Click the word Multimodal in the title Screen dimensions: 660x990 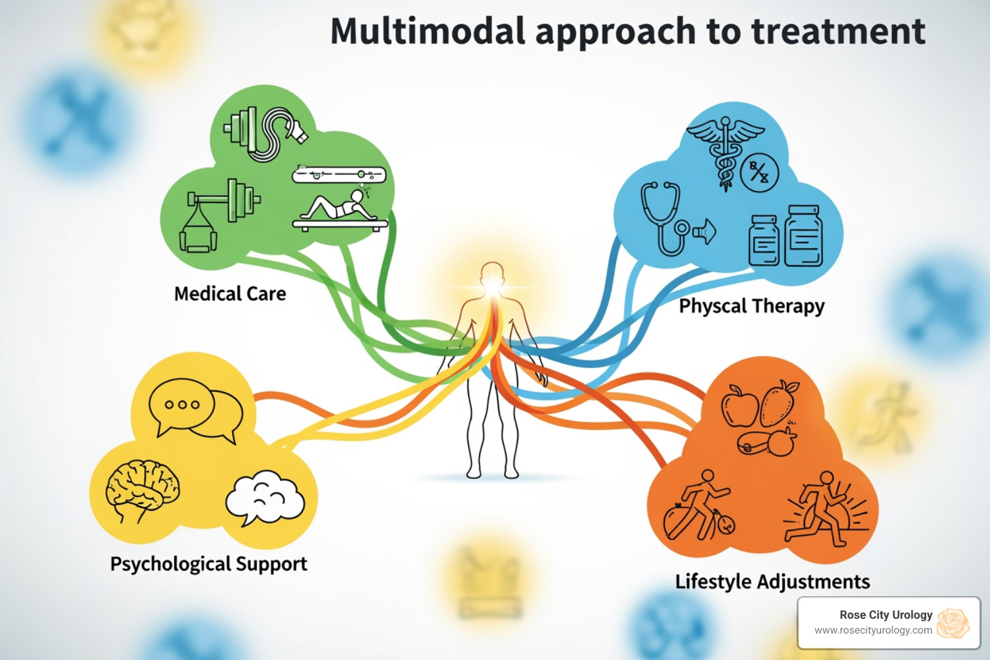(x=427, y=32)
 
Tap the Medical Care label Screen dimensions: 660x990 (x=230, y=294)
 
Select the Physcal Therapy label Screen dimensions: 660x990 (x=752, y=306)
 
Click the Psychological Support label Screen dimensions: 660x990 (x=208, y=564)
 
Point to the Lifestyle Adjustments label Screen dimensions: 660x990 (x=772, y=581)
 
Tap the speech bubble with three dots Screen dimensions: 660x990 (x=182, y=405)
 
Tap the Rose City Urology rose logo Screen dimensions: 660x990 (x=953, y=623)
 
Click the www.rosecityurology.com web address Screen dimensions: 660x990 (x=873, y=630)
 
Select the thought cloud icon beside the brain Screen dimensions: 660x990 (x=265, y=498)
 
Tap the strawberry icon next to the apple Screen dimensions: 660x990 (x=779, y=403)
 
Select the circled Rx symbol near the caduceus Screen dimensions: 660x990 (x=759, y=173)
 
